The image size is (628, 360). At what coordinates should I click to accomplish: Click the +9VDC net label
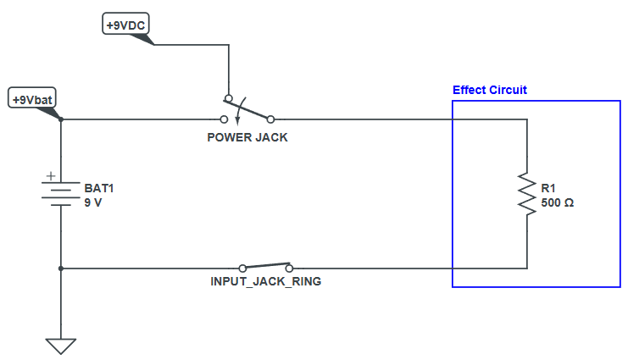(x=125, y=26)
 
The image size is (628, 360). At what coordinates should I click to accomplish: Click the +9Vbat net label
(x=33, y=99)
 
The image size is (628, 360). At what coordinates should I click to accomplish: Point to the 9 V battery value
(x=92, y=203)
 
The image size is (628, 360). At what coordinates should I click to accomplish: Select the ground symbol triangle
(x=61, y=346)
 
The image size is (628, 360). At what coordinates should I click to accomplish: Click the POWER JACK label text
(x=247, y=137)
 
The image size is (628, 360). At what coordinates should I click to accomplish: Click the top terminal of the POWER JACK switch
(x=228, y=97)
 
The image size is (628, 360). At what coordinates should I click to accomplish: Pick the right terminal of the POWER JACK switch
(x=270, y=119)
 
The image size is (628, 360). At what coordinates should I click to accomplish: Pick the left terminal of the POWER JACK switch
(x=225, y=119)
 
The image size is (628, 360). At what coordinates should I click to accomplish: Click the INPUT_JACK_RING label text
(x=265, y=281)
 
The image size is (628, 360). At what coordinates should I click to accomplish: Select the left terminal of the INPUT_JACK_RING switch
(x=242, y=268)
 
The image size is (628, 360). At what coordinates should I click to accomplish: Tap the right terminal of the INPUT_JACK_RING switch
(x=289, y=268)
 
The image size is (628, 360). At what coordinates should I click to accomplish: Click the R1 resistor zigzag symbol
(x=527, y=195)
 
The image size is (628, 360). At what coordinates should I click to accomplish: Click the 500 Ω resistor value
(x=557, y=203)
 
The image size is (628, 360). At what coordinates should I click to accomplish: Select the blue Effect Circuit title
(x=490, y=90)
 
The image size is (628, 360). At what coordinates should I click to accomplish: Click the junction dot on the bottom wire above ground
(x=61, y=269)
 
